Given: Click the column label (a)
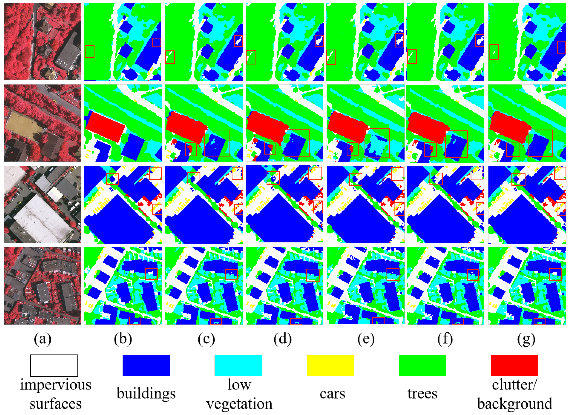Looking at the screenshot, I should pos(42,339).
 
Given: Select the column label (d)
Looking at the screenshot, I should pos(283,339).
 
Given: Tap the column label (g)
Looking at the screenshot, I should pos(526,339).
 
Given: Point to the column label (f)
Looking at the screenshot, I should pos(445,339).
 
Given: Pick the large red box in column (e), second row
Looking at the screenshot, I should pos(377,143).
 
